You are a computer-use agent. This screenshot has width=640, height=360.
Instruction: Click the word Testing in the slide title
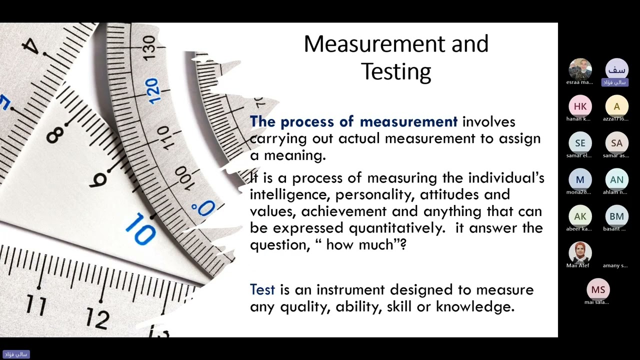pos(396,71)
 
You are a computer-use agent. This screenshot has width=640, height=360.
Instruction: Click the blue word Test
pos(262,289)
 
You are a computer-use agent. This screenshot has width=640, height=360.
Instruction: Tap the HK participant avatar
pos(580,106)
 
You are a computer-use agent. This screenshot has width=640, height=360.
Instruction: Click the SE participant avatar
pos(580,143)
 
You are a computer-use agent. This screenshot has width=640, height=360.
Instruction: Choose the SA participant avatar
pos(616,143)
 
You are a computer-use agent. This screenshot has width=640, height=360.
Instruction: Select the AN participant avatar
pos(616,179)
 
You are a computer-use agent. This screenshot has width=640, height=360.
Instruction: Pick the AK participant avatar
pos(580,216)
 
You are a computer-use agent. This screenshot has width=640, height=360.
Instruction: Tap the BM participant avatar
pos(616,216)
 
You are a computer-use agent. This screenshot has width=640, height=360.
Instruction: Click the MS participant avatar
pos(598,289)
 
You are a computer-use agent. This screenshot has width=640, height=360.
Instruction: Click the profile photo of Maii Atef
pos(580,252)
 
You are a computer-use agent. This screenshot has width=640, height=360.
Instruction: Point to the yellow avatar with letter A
pos(616,106)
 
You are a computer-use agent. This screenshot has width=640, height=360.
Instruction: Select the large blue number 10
pos(140,230)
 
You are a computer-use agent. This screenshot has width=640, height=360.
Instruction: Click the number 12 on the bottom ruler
pos(97,317)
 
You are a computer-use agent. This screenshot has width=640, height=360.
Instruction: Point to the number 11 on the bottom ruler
pos(35,303)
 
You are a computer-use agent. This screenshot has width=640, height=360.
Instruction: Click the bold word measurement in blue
pos(408,121)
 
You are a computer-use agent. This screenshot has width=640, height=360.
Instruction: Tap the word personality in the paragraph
pos(374,194)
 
